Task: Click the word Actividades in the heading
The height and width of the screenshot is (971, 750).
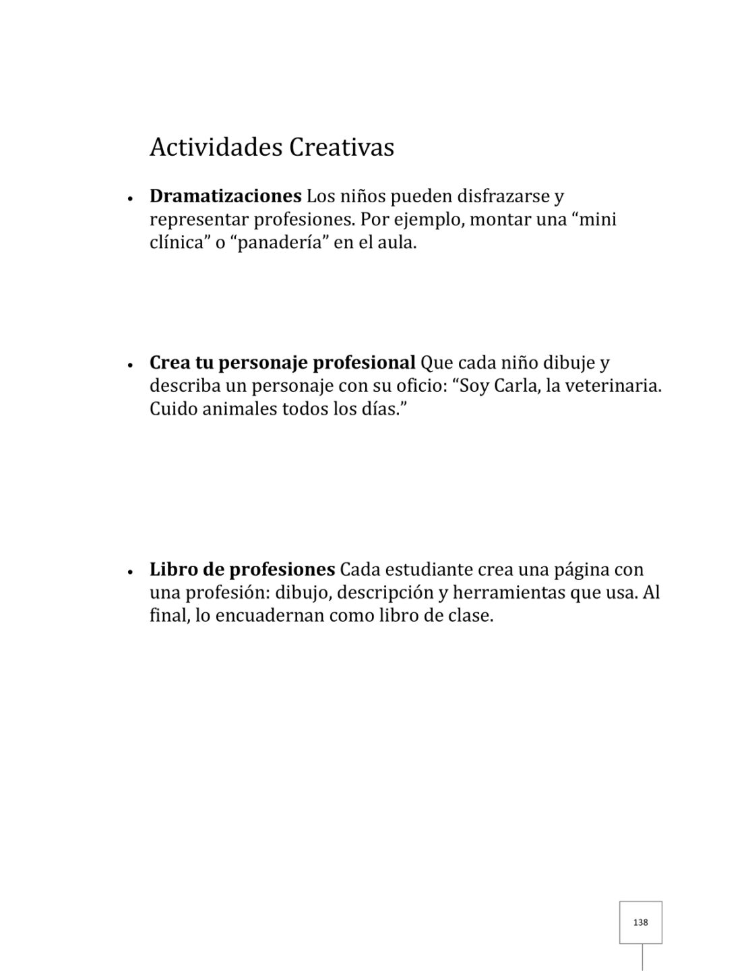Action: (216, 147)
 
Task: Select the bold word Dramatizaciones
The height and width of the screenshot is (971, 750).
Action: (225, 196)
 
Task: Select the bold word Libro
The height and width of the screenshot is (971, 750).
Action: (173, 569)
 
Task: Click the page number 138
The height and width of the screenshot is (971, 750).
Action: (641, 922)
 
